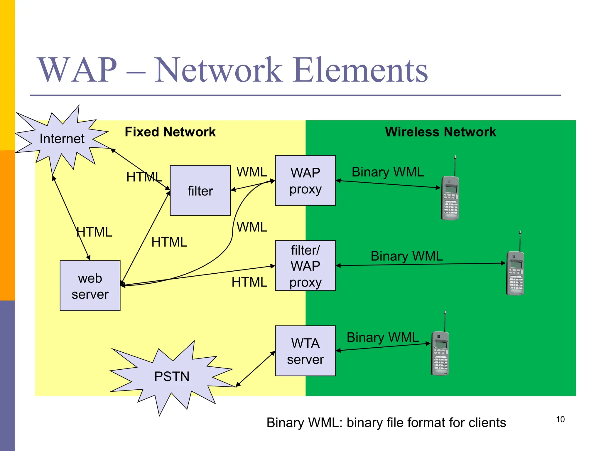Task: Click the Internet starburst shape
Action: (x=62, y=139)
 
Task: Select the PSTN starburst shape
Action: (x=172, y=376)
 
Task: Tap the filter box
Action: (x=200, y=191)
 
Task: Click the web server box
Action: (x=90, y=286)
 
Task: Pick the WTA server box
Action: (x=305, y=351)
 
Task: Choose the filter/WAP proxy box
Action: (x=305, y=266)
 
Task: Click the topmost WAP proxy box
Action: (x=305, y=181)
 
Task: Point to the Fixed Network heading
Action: (x=170, y=132)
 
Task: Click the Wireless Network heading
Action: (x=440, y=132)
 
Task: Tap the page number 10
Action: (x=560, y=419)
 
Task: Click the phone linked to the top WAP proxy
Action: (x=450, y=195)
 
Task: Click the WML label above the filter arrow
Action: (x=252, y=172)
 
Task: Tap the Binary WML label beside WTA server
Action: (x=383, y=337)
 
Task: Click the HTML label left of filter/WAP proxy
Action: (x=249, y=282)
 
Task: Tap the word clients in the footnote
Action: (x=487, y=423)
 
